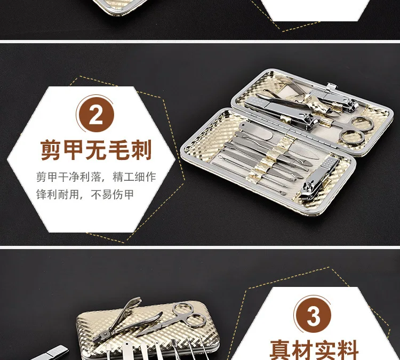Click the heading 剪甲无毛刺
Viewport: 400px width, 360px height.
tap(96, 150)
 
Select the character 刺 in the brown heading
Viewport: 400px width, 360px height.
tap(141, 150)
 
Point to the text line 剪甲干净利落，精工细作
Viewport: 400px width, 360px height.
tap(96, 177)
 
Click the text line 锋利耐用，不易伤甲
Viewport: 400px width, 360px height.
tap(85, 195)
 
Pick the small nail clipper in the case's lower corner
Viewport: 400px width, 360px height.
tap(319, 178)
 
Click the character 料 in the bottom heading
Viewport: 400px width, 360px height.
tap(348, 350)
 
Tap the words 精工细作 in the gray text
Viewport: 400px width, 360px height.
tap(134, 177)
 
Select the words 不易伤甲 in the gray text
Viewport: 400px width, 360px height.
tap(113, 195)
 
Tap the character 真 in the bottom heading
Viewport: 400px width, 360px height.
tap(281, 350)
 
